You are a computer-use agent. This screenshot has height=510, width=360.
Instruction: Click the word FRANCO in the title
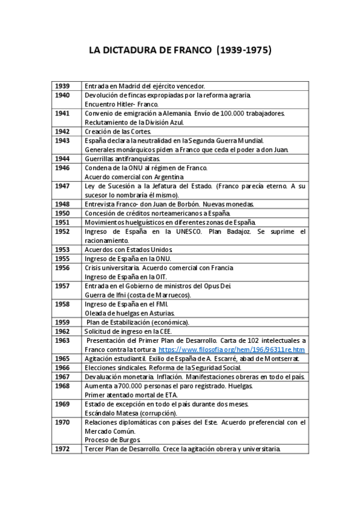(x=188, y=51)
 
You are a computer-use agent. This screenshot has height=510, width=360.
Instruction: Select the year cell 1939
(x=62, y=86)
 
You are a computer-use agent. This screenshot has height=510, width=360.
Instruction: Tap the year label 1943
(x=62, y=140)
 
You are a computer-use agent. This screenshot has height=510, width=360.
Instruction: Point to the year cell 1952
(x=62, y=231)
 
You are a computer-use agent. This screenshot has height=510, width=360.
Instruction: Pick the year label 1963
(x=62, y=340)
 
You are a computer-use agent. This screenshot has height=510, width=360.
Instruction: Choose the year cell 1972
(x=62, y=449)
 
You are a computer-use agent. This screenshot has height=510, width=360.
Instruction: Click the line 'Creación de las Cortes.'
(x=118, y=131)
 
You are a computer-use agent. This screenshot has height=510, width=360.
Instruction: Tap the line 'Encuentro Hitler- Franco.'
(x=121, y=104)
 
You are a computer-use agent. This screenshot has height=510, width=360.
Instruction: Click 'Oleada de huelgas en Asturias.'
(x=130, y=313)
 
